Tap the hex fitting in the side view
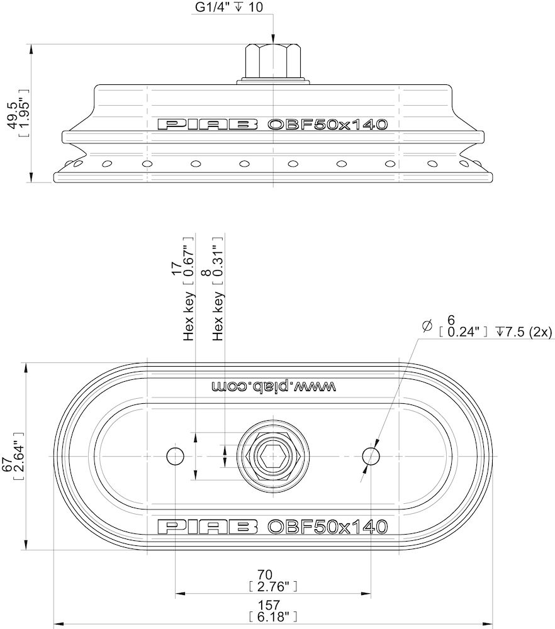274,61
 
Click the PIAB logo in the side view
208,124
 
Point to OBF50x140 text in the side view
327,124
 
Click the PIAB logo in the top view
208,526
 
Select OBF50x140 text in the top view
327,526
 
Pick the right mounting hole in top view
371,455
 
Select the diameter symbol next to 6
427,325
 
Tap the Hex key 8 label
218,308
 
